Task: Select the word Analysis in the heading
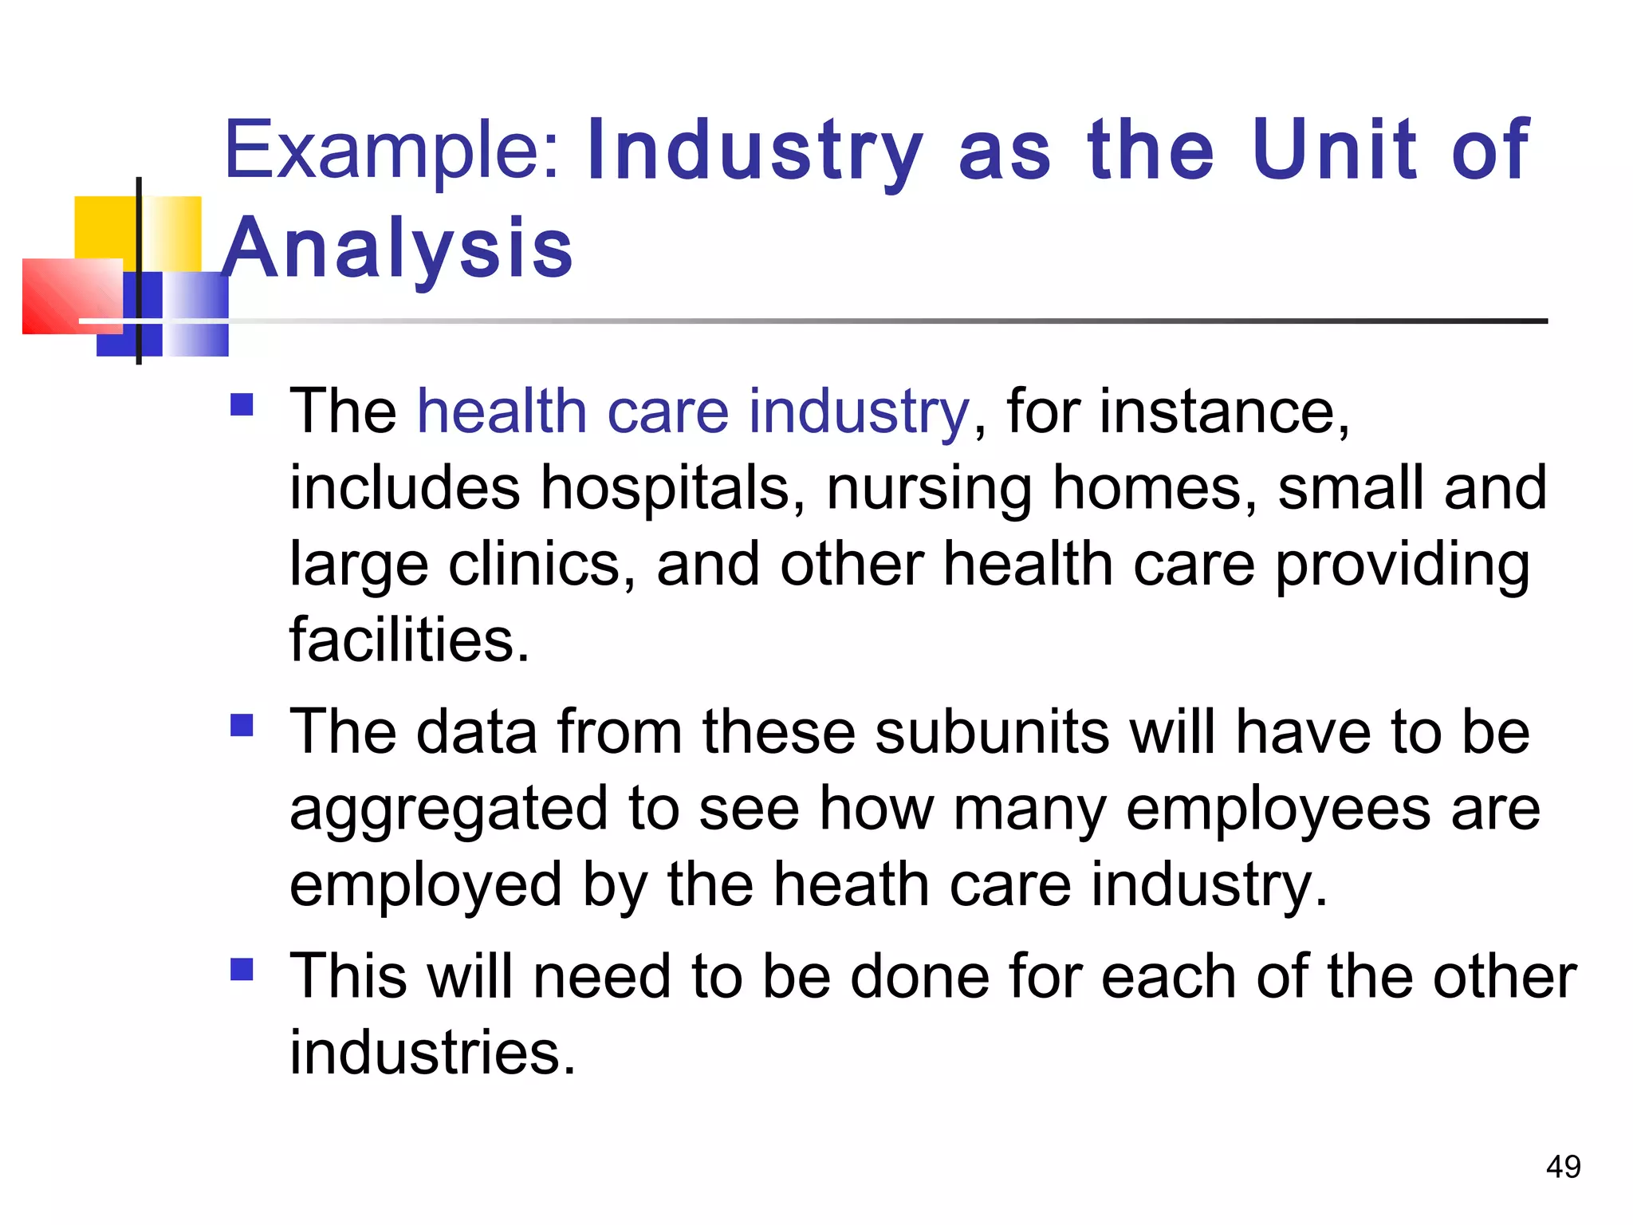coord(397,249)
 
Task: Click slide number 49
coord(1563,1167)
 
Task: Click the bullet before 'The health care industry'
coord(242,405)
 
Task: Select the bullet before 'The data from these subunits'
coord(242,725)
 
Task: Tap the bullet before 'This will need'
coord(242,969)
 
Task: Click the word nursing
coord(929,488)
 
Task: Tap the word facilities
coord(409,640)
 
